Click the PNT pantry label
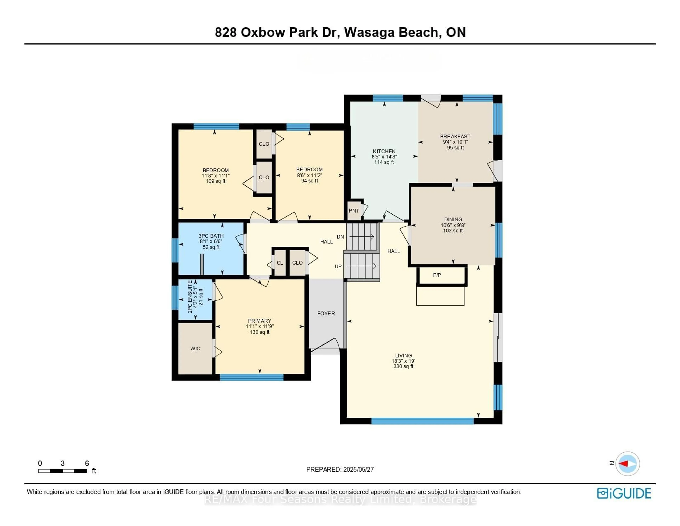tap(354, 211)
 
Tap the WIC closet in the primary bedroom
tap(195, 349)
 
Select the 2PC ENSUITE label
tap(190, 297)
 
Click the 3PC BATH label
tap(211, 236)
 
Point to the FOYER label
tap(326, 313)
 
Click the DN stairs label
tap(340, 237)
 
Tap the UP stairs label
tap(338, 266)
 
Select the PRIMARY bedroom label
tap(259, 321)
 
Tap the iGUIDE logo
tap(624, 493)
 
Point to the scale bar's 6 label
tap(87, 463)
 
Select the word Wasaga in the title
tap(369, 32)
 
